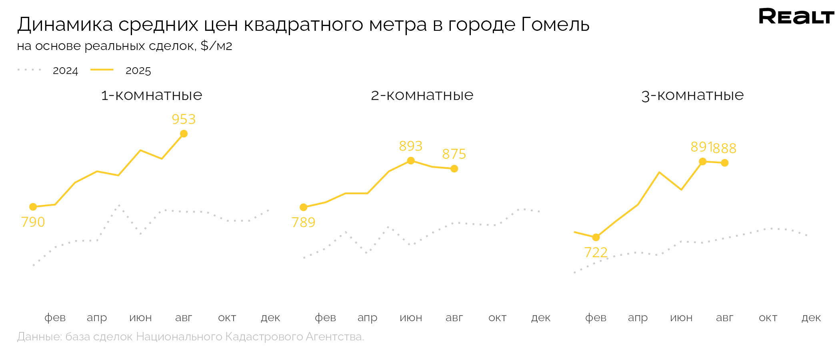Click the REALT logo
pos(796,16)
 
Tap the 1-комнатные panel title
pos(152,95)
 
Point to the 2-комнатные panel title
pos(422,95)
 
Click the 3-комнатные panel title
pos(692,95)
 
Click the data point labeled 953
pos(184,134)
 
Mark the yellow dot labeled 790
pos(33,207)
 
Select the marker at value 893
pos(411,161)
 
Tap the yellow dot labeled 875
pos(454,169)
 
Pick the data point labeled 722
pos(596,238)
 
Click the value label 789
pos(303,222)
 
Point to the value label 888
pos(725,148)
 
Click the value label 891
pos(701,147)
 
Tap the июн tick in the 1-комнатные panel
pos(140,318)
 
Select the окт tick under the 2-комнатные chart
pos(497,318)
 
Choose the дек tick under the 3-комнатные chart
pos(811,318)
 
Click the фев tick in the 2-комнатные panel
pos(325,318)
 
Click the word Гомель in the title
pos(555,25)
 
